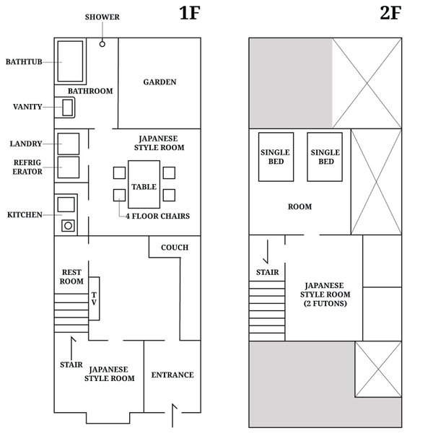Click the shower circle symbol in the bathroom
pos(102,44)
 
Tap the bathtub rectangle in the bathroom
pos(70,61)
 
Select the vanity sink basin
pos(68,108)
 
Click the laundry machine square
pos(69,144)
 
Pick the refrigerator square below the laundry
pos(69,167)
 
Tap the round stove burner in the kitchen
pos(68,226)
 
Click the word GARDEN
pos(159,82)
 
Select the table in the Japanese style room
pos(144,184)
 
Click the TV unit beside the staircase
pos(94,299)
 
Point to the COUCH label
pos(175,248)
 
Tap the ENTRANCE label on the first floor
pos(172,375)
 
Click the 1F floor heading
pos(189,13)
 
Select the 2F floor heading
pos(390,13)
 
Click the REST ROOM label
pos(71,276)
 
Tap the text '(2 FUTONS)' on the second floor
pos(325,304)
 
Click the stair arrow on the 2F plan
pos(267,251)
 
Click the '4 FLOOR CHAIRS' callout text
pos(157,216)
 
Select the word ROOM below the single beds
pos(300,206)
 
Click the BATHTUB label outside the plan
pos(24,61)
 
